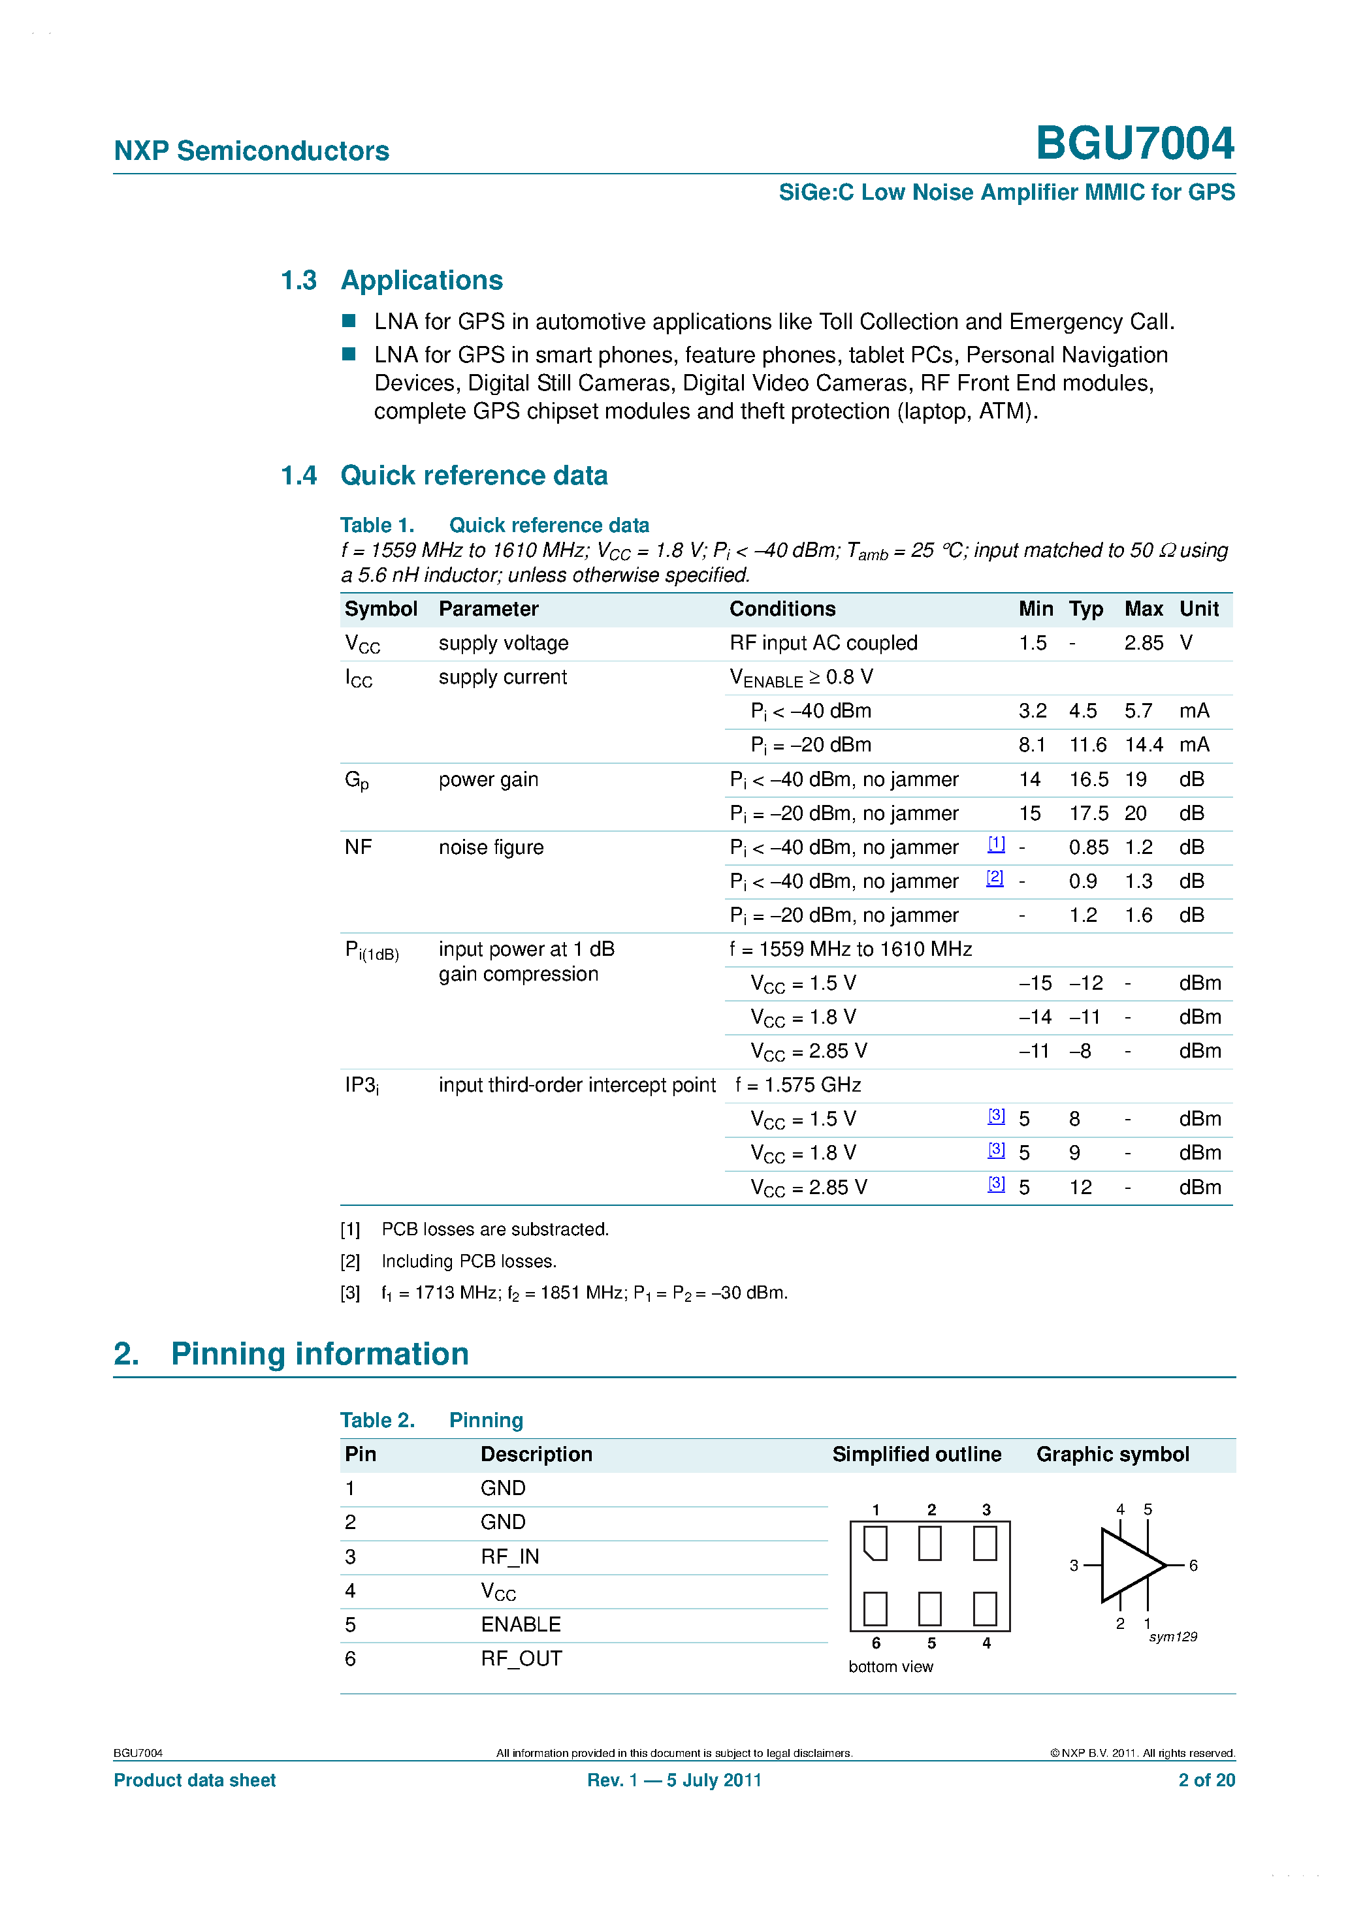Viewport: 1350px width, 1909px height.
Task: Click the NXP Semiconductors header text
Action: (251, 151)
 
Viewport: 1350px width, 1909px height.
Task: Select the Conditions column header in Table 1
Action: (782, 608)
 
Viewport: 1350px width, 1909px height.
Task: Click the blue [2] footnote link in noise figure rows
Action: (994, 878)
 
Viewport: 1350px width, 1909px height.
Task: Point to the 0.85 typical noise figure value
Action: (1088, 847)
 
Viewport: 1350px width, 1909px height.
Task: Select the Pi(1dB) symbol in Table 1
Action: (371, 951)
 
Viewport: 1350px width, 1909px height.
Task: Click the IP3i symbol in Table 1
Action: (361, 1086)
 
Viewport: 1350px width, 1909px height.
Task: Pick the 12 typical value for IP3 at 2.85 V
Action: (1080, 1188)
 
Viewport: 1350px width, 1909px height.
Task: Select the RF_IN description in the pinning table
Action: (510, 1556)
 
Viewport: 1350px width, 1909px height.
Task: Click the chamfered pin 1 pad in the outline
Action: (875, 1543)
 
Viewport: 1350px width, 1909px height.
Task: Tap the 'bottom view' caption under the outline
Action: (890, 1666)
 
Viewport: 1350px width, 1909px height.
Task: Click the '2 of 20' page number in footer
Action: (1206, 1780)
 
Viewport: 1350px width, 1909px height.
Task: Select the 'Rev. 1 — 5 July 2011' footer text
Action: (674, 1780)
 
